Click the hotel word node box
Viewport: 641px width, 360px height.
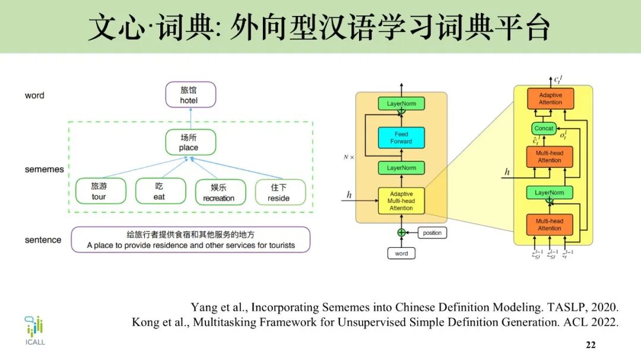click(190, 95)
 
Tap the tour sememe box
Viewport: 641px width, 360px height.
click(100, 192)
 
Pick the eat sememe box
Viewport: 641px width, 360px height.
click(160, 192)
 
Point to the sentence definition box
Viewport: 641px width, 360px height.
click(191, 240)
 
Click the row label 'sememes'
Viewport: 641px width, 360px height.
click(44, 170)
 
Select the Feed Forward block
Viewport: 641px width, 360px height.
click(401, 138)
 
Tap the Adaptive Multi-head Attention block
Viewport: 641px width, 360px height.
click(401, 201)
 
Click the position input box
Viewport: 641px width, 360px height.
click(431, 232)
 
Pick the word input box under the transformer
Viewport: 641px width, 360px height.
click(401, 253)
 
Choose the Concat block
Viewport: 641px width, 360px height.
click(544, 129)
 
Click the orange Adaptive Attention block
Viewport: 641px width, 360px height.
click(550, 98)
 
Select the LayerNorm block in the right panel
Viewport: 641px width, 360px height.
click(549, 193)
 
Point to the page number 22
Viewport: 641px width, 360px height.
click(590, 345)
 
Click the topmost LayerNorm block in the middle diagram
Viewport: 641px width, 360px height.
click(401, 104)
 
